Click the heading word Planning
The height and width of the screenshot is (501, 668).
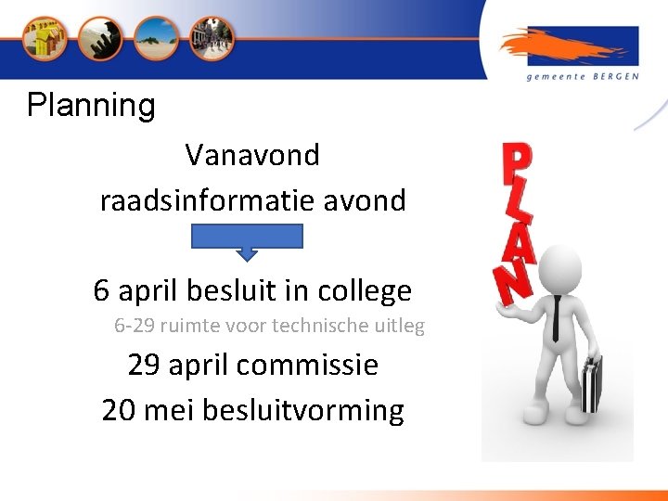tap(91, 106)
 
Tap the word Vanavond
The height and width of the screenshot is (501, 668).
tap(252, 155)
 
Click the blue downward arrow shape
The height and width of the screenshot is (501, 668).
tap(247, 240)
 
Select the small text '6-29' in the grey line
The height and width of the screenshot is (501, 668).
tap(132, 327)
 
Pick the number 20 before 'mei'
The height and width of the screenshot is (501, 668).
tap(119, 409)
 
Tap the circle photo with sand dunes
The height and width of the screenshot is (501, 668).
tap(155, 39)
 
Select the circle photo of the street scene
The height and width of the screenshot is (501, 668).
tap(212, 39)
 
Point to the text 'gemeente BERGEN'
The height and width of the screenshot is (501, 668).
tap(583, 77)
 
